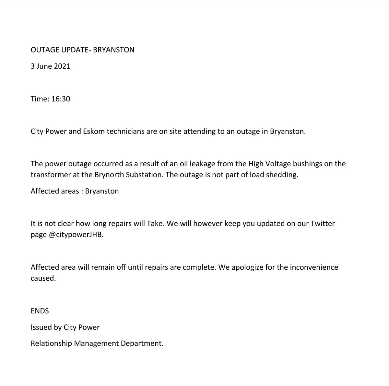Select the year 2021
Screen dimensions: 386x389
[x=62, y=66]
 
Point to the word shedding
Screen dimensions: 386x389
[x=282, y=174]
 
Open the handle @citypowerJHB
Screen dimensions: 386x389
[x=76, y=235]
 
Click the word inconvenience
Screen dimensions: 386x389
[x=313, y=268]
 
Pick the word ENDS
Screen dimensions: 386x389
[x=40, y=311]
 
